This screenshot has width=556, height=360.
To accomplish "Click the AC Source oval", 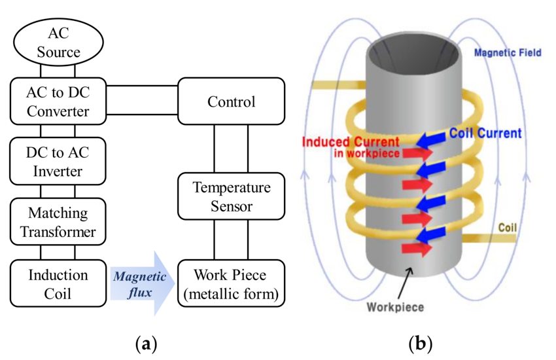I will pos(58,42).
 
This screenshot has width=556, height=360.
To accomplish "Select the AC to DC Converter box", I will pos(58,101).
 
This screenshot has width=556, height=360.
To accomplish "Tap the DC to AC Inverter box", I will pos(58,162).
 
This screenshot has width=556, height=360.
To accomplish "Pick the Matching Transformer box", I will pos(58,223).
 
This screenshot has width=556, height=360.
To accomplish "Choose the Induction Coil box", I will pos(58,283).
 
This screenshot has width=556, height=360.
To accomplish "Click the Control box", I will pos(231,101).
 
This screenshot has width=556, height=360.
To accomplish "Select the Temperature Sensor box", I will pos(231,197).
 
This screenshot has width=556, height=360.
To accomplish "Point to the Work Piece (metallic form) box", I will pos(231,283).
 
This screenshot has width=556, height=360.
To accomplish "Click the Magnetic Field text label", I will pos(508,52).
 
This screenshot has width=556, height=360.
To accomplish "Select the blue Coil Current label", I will pos(485,133).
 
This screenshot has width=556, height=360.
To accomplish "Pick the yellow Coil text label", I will pos(507,228).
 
